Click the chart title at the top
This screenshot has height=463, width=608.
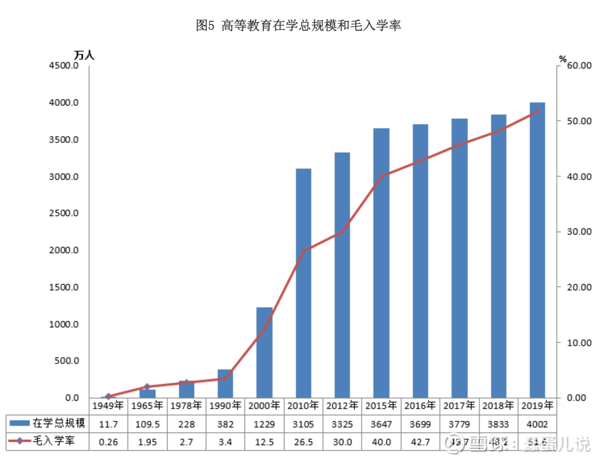point(298,25)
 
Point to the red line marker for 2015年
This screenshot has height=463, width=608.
point(381,176)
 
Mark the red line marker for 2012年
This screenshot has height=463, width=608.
point(342,232)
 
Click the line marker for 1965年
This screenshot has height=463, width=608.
point(147,386)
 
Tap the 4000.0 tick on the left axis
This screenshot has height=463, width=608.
point(64,102)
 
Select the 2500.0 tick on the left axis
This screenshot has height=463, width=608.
point(64,213)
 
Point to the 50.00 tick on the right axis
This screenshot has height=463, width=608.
point(579,121)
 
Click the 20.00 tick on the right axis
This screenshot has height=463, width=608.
point(579,287)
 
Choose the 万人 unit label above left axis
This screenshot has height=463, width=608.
point(84,55)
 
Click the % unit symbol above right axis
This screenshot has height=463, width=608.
point(562,59)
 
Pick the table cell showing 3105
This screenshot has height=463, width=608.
point(303,424)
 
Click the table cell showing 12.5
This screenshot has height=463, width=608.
point(264,442)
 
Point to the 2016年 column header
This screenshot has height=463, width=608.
point(420,405)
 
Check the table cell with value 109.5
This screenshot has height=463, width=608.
point(147,424)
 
